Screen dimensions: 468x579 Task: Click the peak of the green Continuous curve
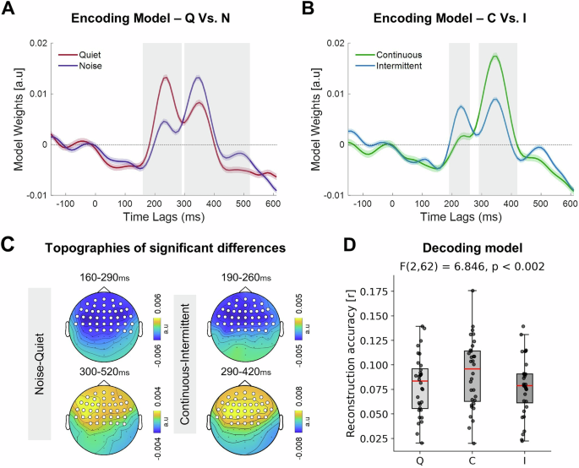tap(495, 56)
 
